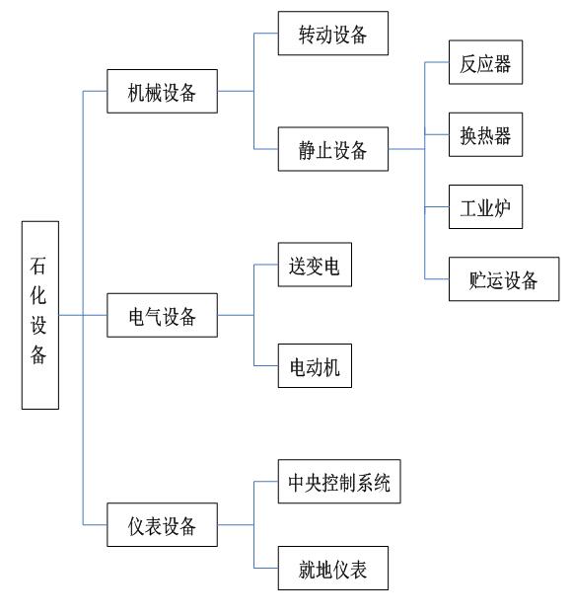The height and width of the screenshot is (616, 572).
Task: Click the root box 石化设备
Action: point(39,315)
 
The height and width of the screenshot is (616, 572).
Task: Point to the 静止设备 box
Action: point(333,149)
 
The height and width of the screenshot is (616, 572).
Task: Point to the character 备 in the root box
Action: point(39,356)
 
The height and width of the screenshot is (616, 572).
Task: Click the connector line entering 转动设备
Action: point(266,36)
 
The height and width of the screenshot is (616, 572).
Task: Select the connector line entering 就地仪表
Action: point(266,570)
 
